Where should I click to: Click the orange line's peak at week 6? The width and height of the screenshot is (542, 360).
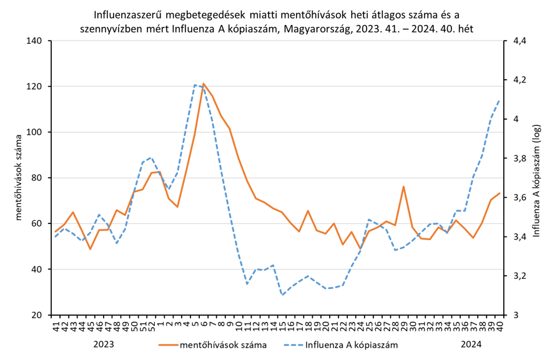click(x=204, y=84)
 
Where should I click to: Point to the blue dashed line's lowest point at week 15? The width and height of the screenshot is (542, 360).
click(x=282, y=294)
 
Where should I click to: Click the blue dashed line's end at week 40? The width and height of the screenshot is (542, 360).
click(x=500, y=99)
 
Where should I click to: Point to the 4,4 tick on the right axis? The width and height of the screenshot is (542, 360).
click(x=520, y=41)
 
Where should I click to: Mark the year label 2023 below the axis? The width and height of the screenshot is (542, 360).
click(x=104, y=344)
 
